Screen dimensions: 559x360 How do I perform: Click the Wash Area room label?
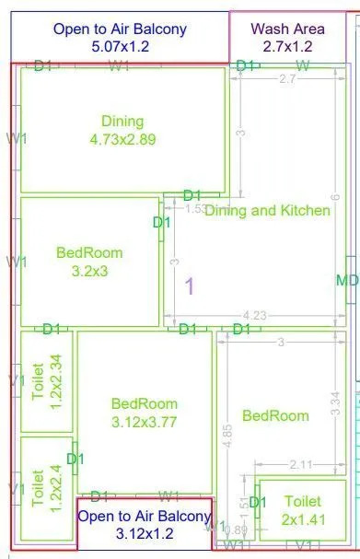click(x=287, y=29)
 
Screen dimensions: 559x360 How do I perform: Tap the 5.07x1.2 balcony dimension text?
click(x=120, y=45)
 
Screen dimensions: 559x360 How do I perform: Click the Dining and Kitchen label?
click(x=267, y=210)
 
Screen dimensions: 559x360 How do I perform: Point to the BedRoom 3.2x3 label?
click(x=89, y=262)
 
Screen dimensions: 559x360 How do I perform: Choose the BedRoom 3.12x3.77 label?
click(x=144, y=413)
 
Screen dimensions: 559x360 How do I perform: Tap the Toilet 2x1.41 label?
click(x=303, y=509)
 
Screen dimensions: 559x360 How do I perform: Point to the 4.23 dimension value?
click(x=255, y=316)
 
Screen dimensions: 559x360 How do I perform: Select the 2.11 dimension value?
click(x=301, y=464)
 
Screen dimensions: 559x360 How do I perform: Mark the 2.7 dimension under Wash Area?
click(x=287, y=80)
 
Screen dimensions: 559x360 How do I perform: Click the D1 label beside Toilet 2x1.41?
click(x=258, y=502)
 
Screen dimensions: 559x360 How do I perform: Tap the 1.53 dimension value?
click(x=195, y=209)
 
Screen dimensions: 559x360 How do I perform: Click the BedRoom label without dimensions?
click(x=275, y=415)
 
